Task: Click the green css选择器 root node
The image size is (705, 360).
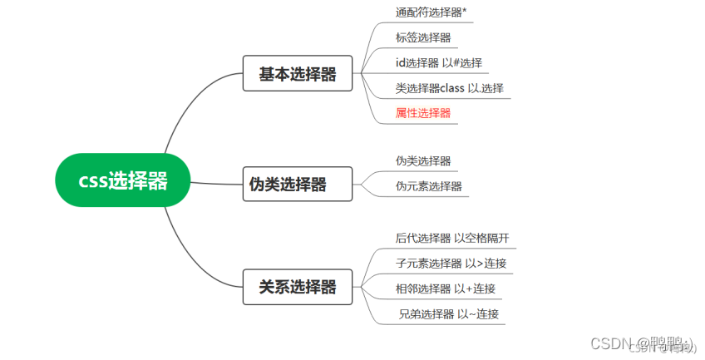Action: (123, 180)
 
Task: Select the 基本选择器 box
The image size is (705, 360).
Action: (297, 74)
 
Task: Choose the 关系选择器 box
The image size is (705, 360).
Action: (297, 287)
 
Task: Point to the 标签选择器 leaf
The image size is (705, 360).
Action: (424, 37)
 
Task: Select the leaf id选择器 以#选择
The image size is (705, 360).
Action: (439, 62)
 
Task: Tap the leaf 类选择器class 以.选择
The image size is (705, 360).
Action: (450, 87)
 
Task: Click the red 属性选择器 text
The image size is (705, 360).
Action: (423, 112)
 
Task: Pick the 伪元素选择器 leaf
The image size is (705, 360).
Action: (429, 185)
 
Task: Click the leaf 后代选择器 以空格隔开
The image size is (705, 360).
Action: (452, 238)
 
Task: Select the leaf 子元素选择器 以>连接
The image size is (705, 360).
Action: (451, 264)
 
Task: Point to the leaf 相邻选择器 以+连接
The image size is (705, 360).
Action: (446, 288)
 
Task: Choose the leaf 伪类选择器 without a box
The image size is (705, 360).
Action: (423, 160)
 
